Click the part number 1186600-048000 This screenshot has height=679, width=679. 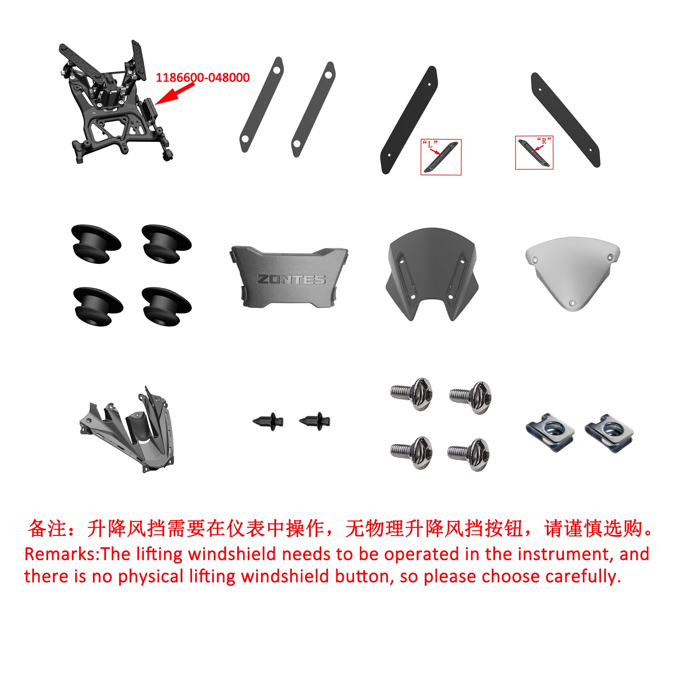click(202, 77)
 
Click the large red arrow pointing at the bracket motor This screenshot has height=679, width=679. click(175, 93)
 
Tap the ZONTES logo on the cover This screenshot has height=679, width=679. click(291, 279)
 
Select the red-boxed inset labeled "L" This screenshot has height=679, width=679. click(441, 157)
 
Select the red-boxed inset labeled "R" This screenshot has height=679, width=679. click(534, 152)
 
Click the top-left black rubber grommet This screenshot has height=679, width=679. click(96, 244)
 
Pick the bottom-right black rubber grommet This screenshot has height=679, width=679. click(167, 307)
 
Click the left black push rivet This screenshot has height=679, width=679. click(268, 422)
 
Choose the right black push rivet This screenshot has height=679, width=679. click(315, 421)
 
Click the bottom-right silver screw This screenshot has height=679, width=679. click(469, 454)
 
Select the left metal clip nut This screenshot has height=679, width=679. click(550, 432)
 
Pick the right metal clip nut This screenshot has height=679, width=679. click(609, 433)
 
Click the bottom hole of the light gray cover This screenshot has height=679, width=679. click(572, 303)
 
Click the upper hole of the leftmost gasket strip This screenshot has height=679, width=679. click(277, 70)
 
